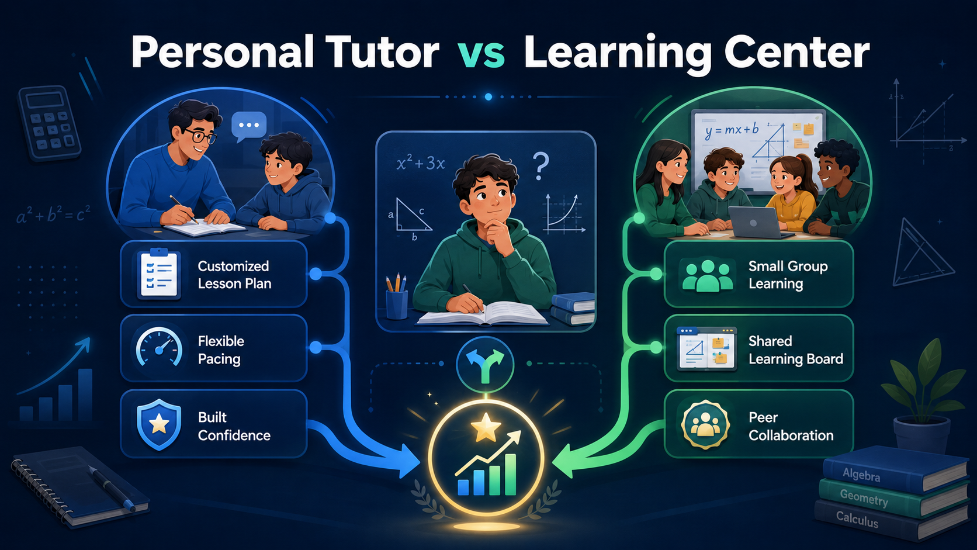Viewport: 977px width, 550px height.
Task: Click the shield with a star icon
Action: (159, 424)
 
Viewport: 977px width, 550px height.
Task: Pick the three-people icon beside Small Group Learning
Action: (707, 276)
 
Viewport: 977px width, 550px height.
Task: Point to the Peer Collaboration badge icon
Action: (705, 424)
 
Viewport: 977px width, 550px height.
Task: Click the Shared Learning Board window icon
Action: (706, 348)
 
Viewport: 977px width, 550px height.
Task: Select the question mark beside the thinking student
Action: (541, 166)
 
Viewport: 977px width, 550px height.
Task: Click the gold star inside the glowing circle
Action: (486, 427)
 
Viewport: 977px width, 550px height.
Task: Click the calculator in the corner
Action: (49, 122)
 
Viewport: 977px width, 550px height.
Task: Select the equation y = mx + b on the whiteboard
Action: (732, 130)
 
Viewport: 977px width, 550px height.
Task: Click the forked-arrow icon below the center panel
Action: (485, 364)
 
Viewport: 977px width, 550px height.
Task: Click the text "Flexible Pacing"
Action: (221, 350)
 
